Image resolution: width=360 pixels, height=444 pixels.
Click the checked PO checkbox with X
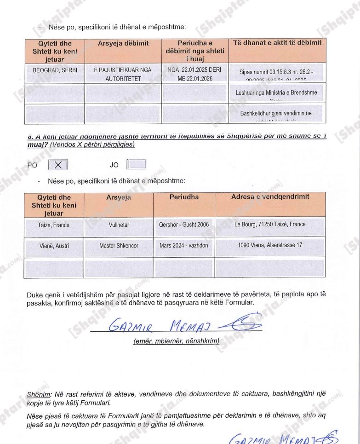coord(58,165)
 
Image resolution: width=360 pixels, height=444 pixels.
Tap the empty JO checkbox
coord(137,164)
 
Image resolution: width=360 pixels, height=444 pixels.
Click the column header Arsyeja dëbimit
coord(123,43)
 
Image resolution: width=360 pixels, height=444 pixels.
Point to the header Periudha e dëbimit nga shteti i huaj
coord(195,51)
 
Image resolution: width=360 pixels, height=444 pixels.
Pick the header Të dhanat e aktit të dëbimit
coord(277,43)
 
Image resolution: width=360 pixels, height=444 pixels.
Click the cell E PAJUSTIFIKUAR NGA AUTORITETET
coord(123,75)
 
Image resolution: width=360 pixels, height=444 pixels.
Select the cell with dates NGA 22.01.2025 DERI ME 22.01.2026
coord(195,75)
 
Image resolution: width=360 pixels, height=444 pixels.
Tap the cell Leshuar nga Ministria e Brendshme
coord(276,93)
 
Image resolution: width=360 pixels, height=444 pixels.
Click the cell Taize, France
coord(54,225)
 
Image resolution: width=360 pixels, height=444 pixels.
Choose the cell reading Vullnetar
coord(119,225)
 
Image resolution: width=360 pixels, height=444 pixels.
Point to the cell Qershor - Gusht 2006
coord(184,225)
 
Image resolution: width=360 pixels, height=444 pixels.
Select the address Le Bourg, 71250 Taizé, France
coord(270,225)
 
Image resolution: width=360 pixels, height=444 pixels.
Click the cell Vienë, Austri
coord(54,246)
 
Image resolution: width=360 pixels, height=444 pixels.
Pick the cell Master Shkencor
coord(119,246)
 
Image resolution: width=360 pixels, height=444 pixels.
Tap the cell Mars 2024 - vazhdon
coord(184,245)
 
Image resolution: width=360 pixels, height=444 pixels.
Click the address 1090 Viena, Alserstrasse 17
coord(270,245)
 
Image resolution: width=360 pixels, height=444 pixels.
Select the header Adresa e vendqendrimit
coord(270,197)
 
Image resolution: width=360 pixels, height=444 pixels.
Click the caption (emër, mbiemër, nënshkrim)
coord(176,341)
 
